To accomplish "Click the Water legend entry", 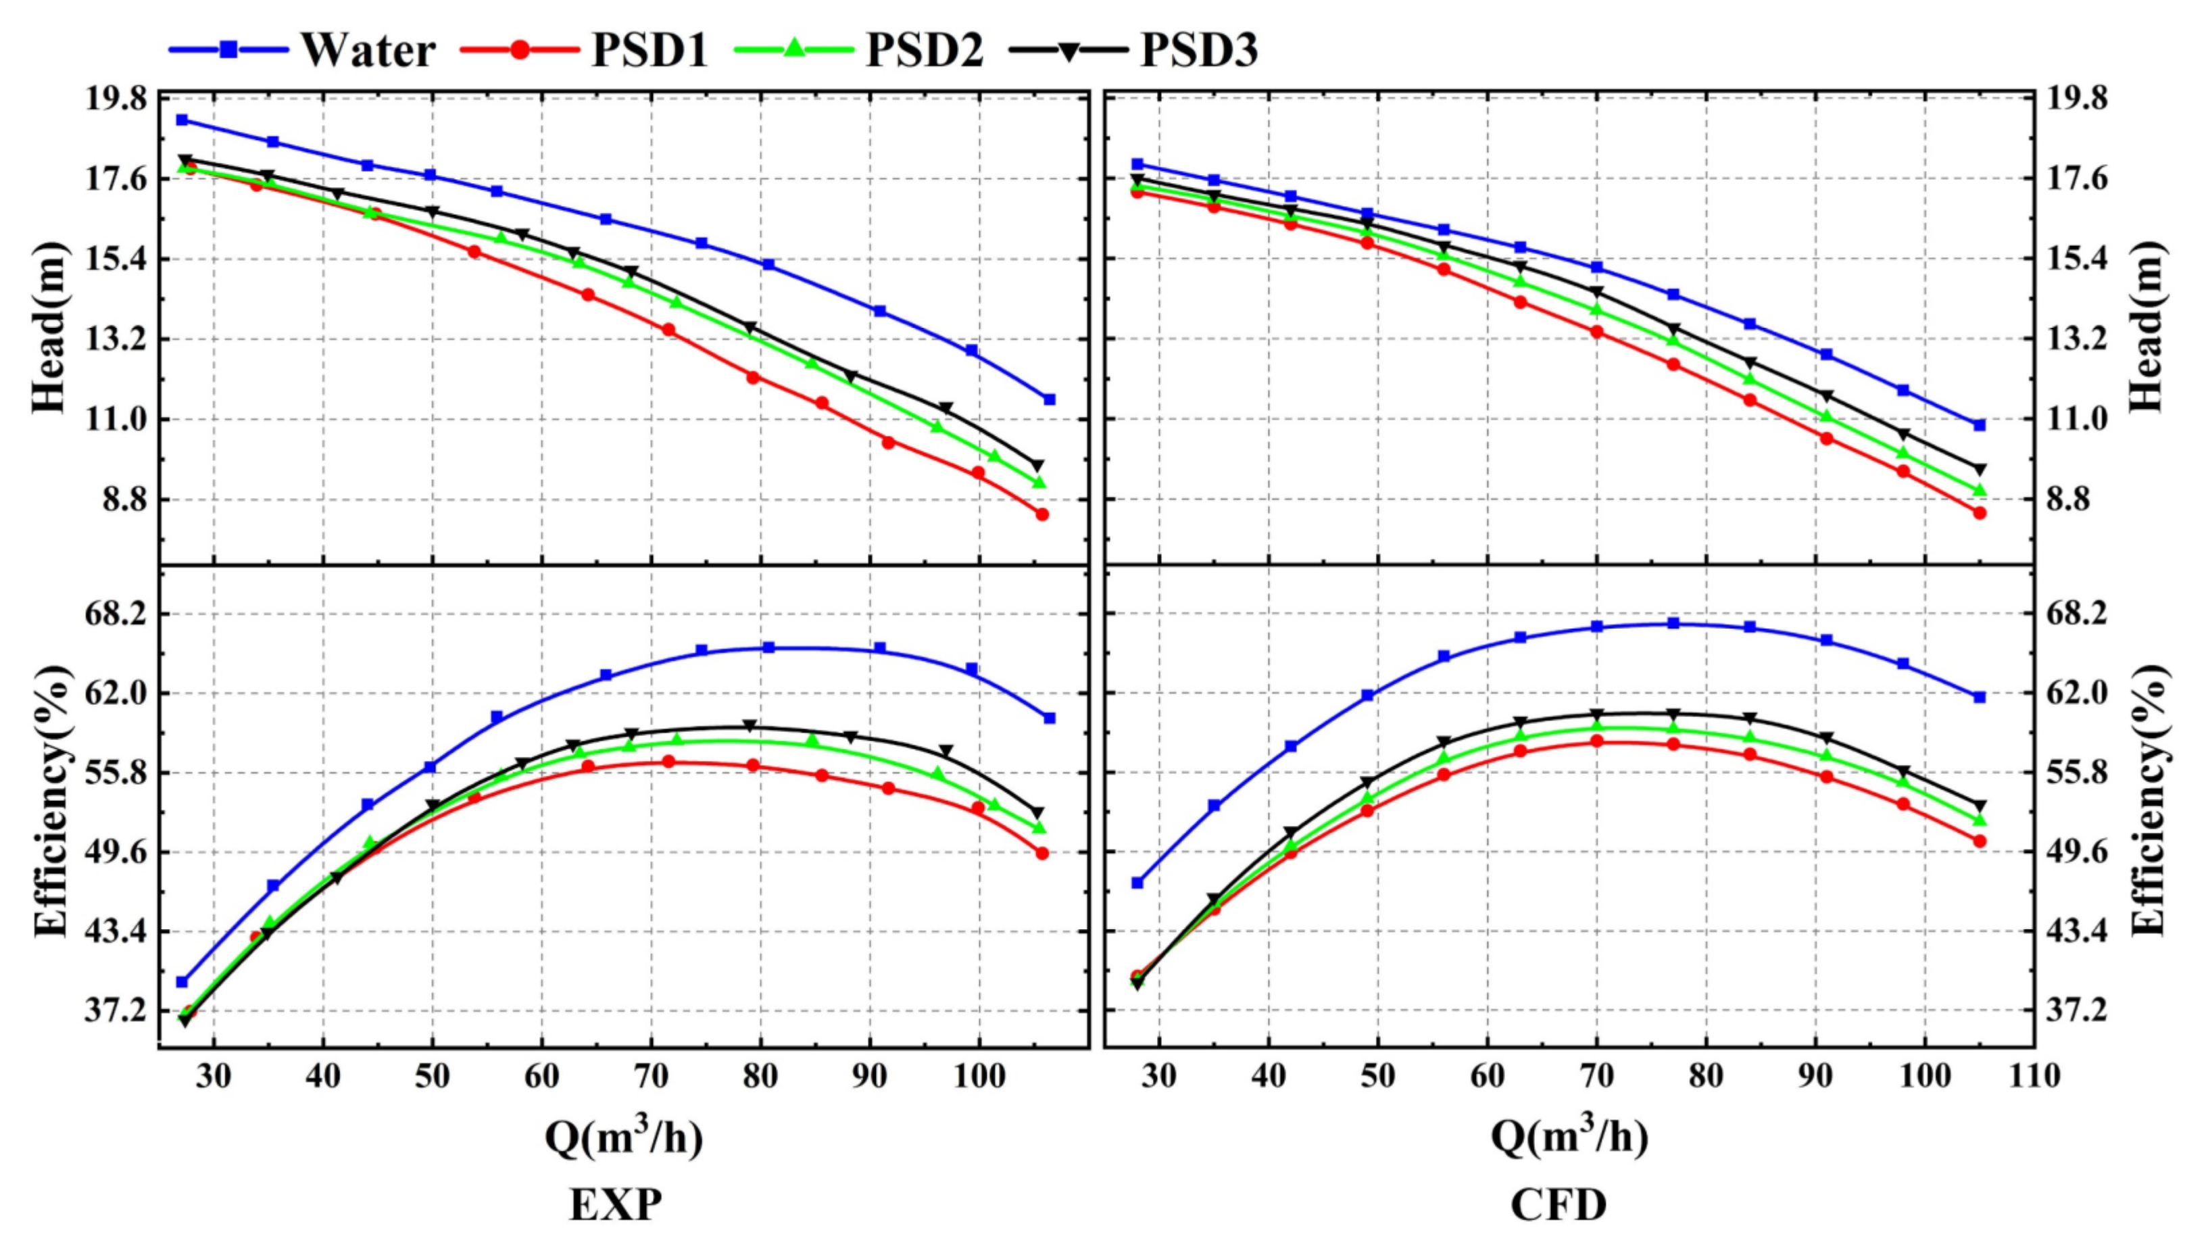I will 367,50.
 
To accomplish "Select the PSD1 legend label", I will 649,50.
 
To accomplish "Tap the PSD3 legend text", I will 1198,50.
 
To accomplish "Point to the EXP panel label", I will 615,1205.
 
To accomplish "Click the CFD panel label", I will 1559,1205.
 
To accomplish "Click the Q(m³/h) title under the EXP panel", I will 624,1137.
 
